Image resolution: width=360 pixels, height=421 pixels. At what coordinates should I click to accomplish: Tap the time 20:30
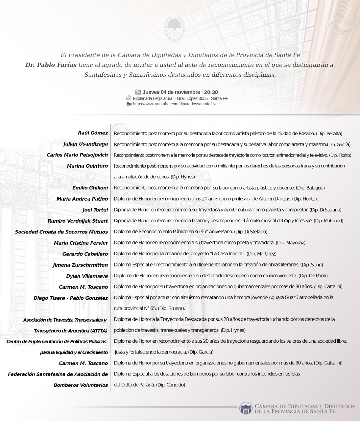point(211,92)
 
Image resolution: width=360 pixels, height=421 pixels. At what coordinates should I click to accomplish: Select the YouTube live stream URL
point(175,104)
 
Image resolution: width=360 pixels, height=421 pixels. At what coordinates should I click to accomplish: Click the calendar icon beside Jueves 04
point(138,92)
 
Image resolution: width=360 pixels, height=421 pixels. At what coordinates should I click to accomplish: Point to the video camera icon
point(129,104)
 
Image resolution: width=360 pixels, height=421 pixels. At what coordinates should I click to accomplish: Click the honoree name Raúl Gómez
point(93,133)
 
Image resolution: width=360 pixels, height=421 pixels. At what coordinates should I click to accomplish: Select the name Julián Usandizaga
point(85,144)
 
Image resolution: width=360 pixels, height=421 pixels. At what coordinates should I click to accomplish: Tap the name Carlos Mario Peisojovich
point(77,155)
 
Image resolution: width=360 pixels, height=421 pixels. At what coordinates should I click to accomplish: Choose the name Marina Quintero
point(87,166)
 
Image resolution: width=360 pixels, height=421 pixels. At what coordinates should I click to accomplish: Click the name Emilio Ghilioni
point(90,188)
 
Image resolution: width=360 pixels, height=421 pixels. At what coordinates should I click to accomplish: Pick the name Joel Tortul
point(95,210)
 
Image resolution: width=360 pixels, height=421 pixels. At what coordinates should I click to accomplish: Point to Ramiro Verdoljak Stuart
point(78,221)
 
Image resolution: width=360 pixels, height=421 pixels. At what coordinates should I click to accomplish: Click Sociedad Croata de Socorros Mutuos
point(61,232)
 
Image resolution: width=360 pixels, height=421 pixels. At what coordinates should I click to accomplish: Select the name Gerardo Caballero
point(85,254)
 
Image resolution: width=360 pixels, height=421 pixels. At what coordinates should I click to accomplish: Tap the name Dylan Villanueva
point(87,276)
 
